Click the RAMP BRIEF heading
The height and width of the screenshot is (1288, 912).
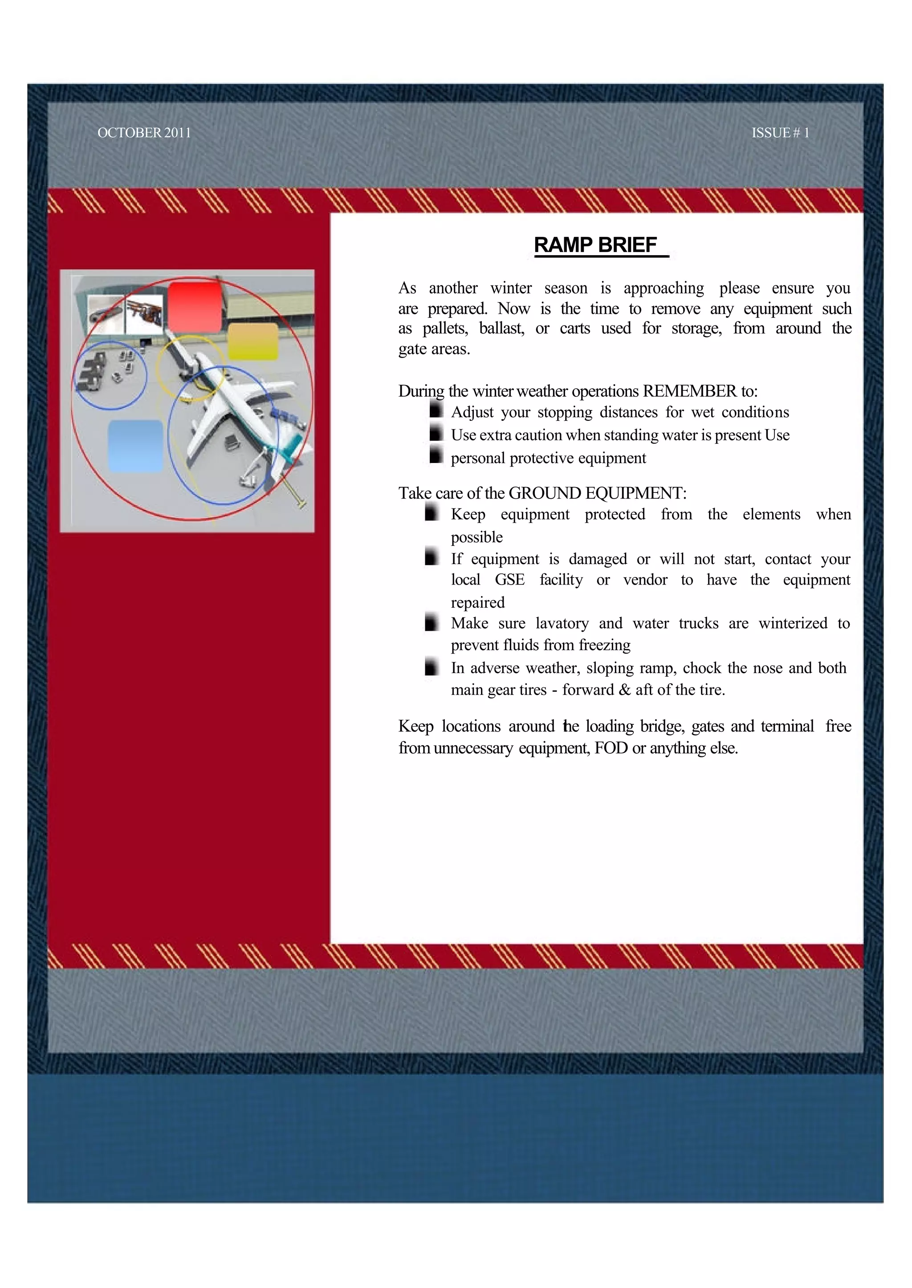[x=595, y=245]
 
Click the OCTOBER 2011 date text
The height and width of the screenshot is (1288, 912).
[x=144, y=133]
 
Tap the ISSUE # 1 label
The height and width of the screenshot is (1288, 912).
[x=780, y=133]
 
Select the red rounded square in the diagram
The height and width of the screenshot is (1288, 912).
[x=195, y=307]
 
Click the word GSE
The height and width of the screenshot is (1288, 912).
[x=509, y=579]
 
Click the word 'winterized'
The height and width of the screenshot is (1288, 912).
[x=792, y=623]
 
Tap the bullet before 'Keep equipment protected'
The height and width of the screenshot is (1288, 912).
[x=432, y=512]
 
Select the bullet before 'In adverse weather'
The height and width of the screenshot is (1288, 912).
[x=432, y=666]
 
